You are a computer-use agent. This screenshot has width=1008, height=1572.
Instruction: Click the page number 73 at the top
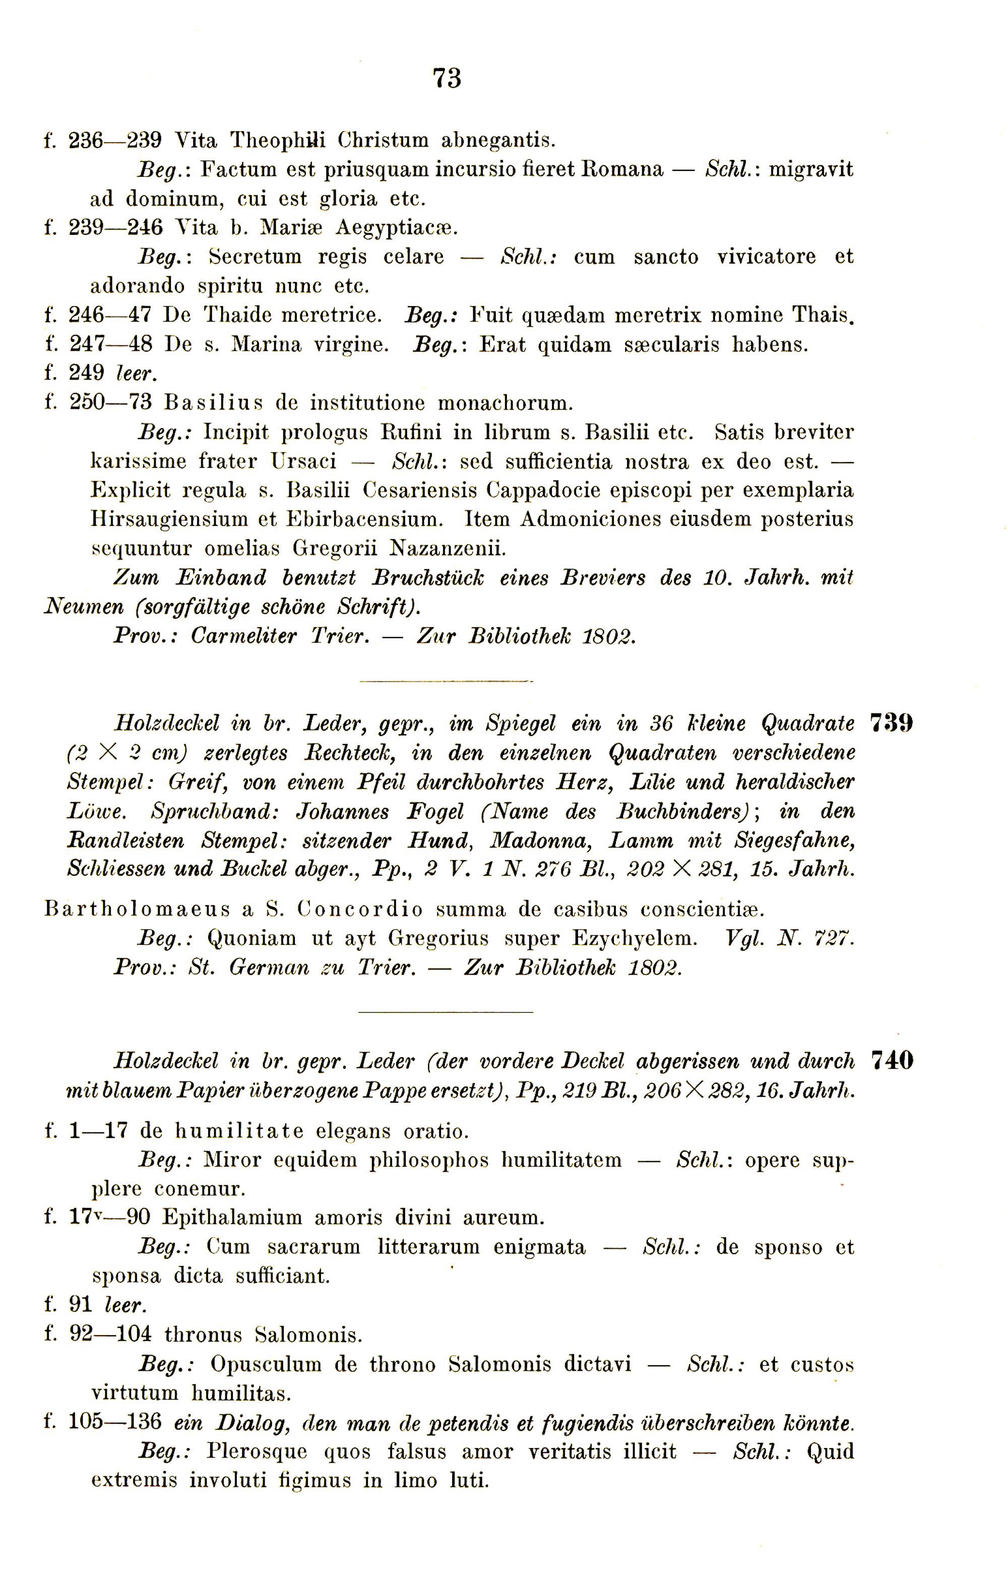pos(447,79)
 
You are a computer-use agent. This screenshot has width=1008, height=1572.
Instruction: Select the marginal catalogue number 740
pos(893,1060)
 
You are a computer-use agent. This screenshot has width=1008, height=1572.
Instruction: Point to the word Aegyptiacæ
pos(397,227)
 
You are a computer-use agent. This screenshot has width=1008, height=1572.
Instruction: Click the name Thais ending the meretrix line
pos(824,315)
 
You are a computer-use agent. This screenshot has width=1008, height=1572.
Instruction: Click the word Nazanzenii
pos(449,548)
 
